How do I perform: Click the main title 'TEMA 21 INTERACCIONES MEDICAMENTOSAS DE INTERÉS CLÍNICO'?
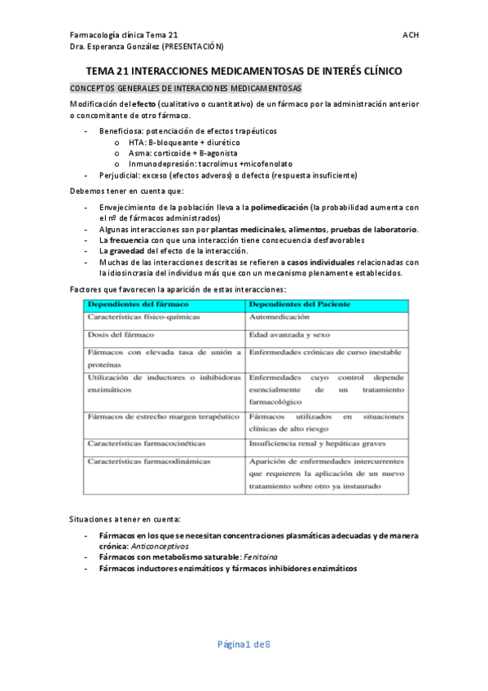244,72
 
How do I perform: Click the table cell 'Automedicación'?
279,316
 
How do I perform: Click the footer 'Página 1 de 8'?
243,645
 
